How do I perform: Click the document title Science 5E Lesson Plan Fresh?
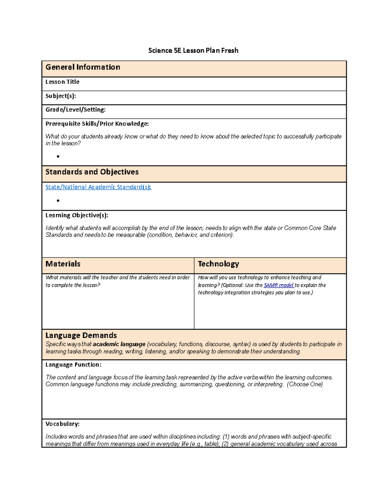point(193,51)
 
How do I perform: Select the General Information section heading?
point(83,67)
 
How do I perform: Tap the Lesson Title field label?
point(62,82)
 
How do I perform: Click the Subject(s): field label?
point(61,96)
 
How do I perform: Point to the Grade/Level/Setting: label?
point(75,110)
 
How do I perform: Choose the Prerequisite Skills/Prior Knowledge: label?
point(97,124)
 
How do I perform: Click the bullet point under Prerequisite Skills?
point(58,156)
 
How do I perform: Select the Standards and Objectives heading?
point(92,172)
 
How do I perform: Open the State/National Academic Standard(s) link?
point(98,187)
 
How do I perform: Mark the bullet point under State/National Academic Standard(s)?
point(58,201)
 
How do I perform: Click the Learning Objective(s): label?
point(77,215)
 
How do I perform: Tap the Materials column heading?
point(63,264)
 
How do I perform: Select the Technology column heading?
point(218,264)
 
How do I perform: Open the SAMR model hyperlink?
point(278,285)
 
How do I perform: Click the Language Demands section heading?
point(81,336)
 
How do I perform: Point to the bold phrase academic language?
point(119,344)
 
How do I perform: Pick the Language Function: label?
point(73,365)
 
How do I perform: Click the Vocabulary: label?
point(62,424)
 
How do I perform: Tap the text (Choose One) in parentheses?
point(305,384)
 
